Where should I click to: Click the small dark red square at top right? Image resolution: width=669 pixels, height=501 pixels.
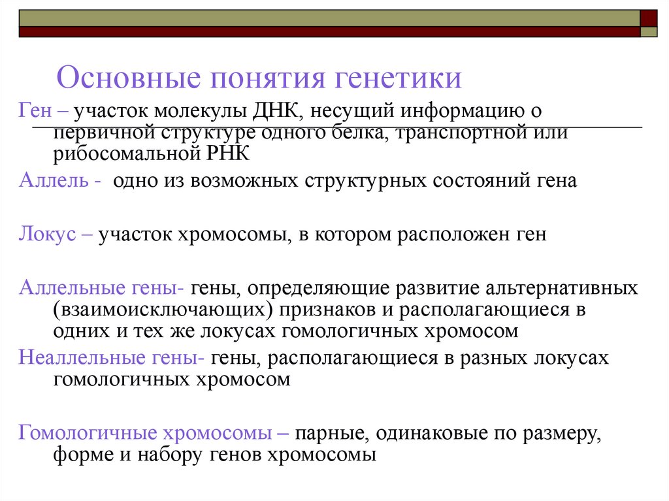tap(649, 18)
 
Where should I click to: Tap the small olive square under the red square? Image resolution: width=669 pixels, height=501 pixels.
tap(649, 31)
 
